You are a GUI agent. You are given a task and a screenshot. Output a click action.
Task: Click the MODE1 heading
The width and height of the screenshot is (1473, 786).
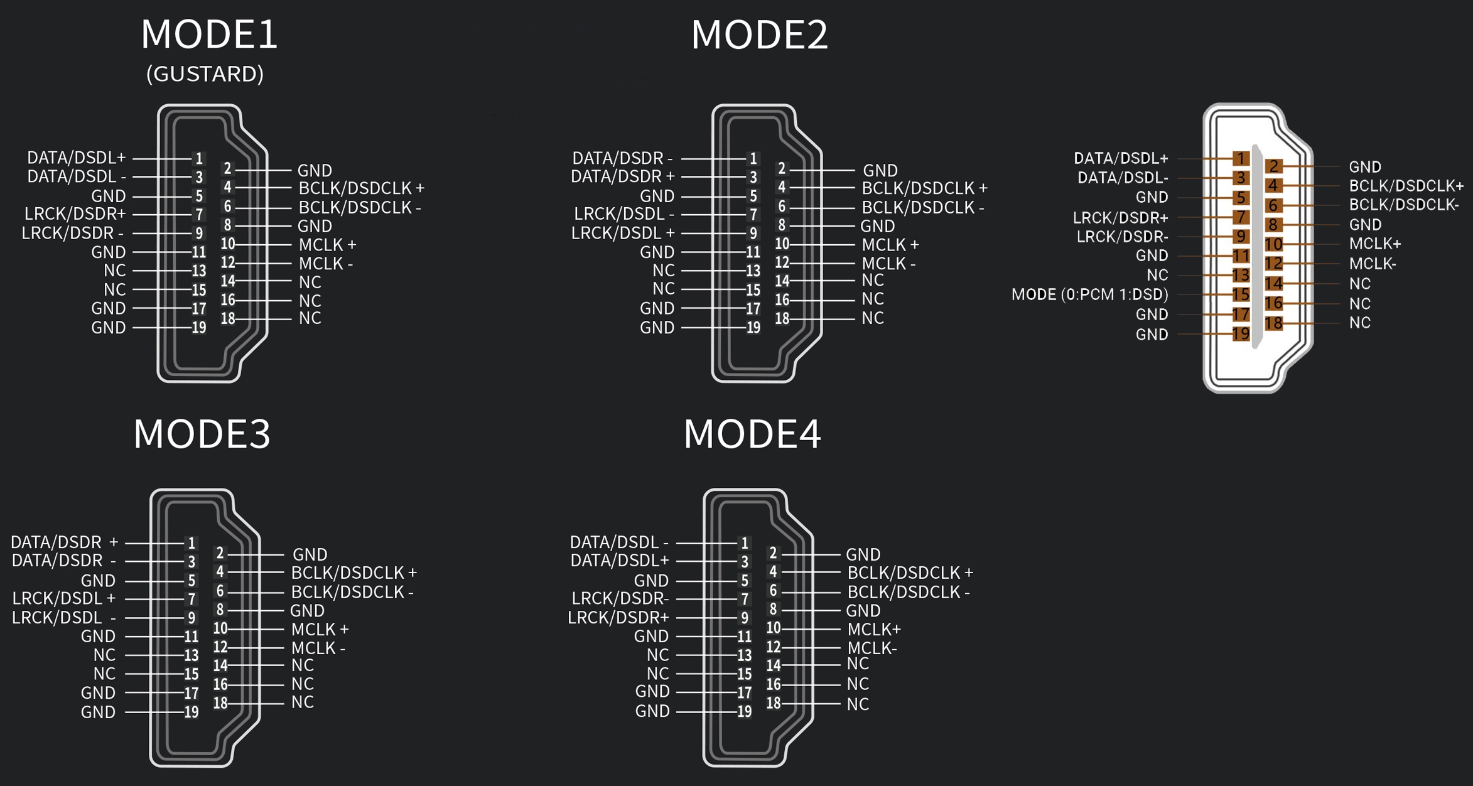209,35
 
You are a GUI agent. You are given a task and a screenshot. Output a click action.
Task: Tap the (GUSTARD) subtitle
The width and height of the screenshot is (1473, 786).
205,74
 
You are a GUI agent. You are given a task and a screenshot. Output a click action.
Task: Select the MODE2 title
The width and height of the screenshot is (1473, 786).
759,35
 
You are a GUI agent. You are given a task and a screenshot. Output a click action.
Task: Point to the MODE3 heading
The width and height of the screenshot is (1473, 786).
202,434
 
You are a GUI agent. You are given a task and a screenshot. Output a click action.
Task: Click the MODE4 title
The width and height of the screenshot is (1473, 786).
752,434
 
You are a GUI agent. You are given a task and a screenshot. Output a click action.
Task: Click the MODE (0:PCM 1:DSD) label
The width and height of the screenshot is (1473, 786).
1089,294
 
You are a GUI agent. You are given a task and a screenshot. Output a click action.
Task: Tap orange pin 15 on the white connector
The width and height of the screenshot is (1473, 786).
1241,294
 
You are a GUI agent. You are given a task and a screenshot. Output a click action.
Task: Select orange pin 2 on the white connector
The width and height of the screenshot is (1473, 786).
1273,166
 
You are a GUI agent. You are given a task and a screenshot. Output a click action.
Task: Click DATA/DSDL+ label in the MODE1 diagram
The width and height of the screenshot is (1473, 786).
76,158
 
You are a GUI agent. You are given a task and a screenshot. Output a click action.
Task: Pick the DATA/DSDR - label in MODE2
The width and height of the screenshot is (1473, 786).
622,158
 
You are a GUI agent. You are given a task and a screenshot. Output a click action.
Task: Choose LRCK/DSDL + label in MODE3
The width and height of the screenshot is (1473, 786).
63,598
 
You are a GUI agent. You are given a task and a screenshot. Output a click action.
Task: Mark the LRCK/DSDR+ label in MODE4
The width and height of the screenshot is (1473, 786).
618,618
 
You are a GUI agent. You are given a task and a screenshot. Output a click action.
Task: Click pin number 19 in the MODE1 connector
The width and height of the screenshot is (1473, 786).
199,328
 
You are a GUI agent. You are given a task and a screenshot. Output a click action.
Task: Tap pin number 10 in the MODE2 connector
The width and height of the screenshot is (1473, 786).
782,244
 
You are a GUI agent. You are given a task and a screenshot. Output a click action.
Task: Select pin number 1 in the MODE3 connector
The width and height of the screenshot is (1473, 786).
192,543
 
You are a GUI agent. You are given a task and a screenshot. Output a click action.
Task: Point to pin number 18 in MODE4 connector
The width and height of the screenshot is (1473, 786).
773,703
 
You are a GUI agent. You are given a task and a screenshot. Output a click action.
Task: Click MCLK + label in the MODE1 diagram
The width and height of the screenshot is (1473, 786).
327,245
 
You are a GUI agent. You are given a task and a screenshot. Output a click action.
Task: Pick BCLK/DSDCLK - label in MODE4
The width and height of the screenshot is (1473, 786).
908,592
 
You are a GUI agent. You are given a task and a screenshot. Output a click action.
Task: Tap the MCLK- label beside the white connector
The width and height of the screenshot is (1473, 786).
1373,264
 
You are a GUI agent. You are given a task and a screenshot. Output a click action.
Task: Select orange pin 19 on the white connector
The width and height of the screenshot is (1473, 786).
1241,334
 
